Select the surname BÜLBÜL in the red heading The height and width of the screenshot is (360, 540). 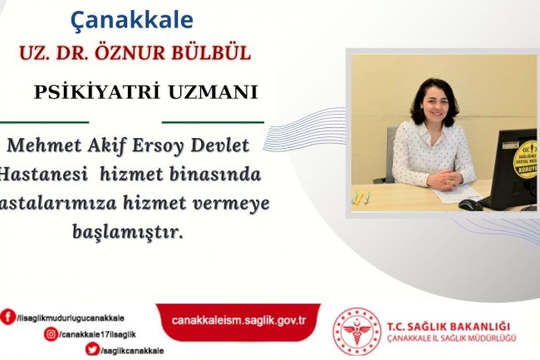[x=211, y=53]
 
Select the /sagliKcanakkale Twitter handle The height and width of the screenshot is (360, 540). [x=130, y=351]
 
